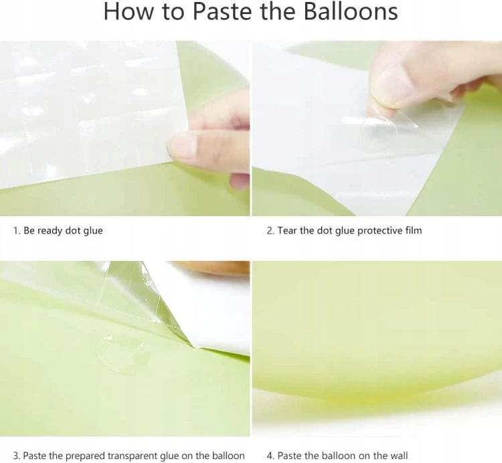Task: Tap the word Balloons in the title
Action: coord(351,11)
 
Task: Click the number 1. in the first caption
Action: coord(17,230)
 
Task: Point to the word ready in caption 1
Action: coord(50,231)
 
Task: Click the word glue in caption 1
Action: coord(93,231)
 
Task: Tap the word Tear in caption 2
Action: coord(287,230)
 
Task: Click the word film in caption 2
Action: coord(414,230)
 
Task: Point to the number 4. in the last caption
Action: coord(271,456)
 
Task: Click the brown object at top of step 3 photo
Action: coord(212,268)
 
